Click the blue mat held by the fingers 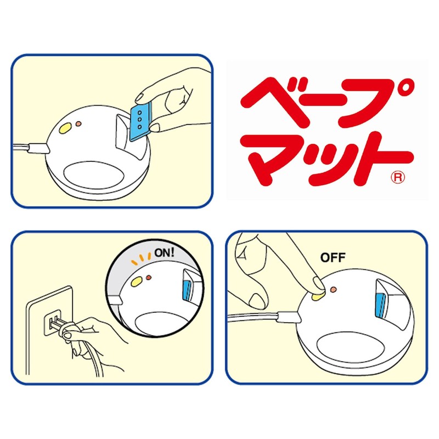point(140,122)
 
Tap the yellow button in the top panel point(65,129)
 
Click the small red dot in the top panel point(78,123)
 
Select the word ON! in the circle point(164,253)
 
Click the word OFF point(333,257)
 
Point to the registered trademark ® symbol point(398,177)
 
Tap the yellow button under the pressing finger point(318,296)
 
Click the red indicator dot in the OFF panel point(333,289)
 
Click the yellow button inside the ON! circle point(137,281)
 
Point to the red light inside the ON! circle point(149,278)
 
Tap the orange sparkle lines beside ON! point(142,259)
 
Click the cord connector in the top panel point(39,148)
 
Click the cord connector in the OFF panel point(289,317)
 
